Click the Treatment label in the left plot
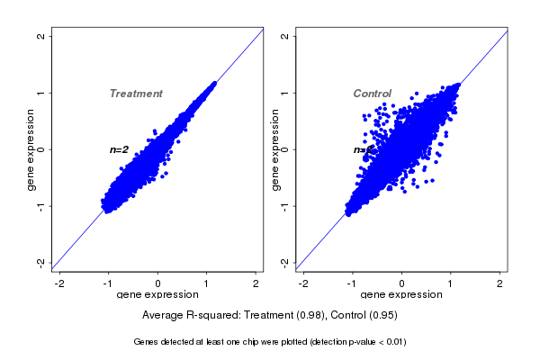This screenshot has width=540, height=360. click(x=136, y=94)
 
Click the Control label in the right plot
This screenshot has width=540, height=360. click(x=373, y=94)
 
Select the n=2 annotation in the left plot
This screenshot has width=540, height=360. click(x=120, y=149)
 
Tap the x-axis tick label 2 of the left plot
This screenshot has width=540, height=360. click(x=256, y=283)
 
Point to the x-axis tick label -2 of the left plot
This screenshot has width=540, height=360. click(x=60, y=283)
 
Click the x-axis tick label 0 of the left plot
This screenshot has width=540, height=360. click(x=158, y=283)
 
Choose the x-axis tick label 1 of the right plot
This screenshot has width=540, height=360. click(x=451, y=283)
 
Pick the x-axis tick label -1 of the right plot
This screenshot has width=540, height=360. click(x=352, y=283)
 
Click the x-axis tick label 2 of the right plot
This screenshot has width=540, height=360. click(x=500, y=283)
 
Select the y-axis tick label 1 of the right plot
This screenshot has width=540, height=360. click(x=285, y=94)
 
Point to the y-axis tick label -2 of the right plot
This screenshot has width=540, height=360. click(x=285, y=262)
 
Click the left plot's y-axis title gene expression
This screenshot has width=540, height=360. click(x=31, y=149)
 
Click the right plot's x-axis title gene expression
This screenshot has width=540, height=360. click(x=401, y=295)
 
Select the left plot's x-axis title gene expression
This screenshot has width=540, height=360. click(x=158, y=295)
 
